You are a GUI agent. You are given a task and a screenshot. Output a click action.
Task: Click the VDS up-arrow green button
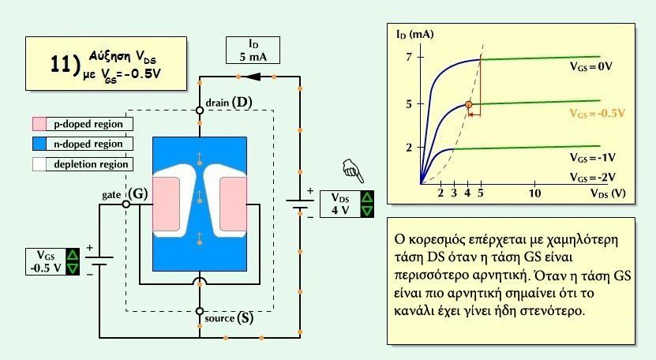[x=367, y=197]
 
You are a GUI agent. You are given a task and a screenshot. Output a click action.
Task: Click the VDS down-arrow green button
[x=367, y=211]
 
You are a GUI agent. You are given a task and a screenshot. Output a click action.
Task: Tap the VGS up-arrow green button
[x=73, y=255]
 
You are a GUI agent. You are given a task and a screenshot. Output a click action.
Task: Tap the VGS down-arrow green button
[x=73, y=268]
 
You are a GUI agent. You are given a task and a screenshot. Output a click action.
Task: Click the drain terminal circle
[x=200, y=111]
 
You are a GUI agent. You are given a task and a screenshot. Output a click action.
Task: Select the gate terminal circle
[x=126, y=204]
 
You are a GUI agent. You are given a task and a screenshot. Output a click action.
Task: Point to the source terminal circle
[x=200, y=311]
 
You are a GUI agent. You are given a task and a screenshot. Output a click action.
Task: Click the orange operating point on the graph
[x=469, y=104]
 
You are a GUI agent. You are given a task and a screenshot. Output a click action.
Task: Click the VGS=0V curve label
[x=591, y=66]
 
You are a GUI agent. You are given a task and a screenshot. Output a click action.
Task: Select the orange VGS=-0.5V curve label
[x=597, y=114]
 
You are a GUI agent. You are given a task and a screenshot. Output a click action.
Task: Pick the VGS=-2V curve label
[x=592, y=178]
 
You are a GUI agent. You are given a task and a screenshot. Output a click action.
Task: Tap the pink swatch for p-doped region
[x=39, y=124]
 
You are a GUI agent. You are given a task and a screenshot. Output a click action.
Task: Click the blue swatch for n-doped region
[x=39, y=144]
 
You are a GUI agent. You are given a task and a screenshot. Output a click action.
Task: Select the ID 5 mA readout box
[x=253, y=51]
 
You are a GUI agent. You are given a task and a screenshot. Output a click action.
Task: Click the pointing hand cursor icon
[x=353, y=171]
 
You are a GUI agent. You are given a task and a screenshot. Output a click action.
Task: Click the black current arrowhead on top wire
[x=253, y=77]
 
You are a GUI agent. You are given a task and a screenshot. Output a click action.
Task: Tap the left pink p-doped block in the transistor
[x=167, y=204]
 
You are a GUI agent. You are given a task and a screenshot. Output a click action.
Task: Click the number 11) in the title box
[x=66, y=65]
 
